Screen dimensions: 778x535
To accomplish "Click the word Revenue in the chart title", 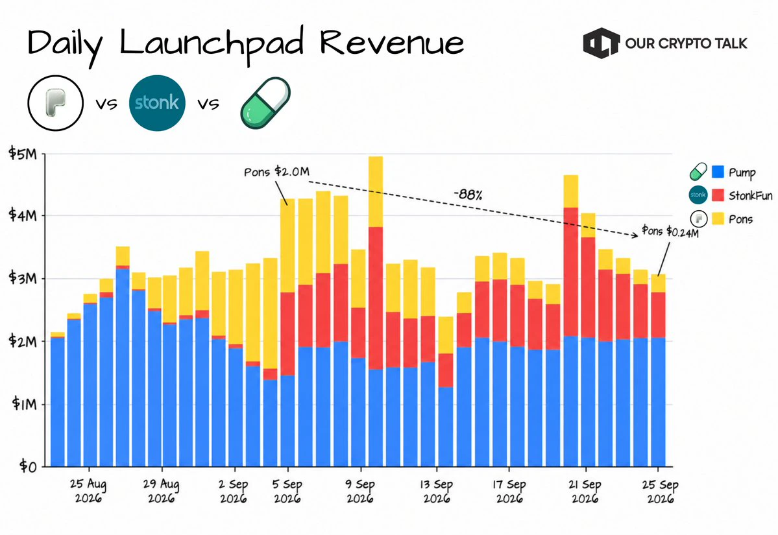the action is point(392,43).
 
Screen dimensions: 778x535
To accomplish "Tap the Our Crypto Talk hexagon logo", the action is point(602,43).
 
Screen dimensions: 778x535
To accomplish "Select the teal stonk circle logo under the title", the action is point(157,103).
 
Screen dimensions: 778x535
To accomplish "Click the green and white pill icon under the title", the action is point(265,103).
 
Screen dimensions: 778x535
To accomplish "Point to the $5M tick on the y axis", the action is point(23,154).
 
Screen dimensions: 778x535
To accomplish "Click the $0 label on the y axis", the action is point(29,466).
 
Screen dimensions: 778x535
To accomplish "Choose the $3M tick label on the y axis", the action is point(23,278).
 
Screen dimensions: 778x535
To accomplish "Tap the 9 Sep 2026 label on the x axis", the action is point(360,491).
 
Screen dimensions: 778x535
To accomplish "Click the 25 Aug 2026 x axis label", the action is point(88,491).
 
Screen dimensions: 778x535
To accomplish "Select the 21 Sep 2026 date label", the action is point(585,491).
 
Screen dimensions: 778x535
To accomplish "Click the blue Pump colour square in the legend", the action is point(718,172).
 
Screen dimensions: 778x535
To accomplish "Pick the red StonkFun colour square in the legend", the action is point(718,195).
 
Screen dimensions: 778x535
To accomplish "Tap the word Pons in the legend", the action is point(741,219).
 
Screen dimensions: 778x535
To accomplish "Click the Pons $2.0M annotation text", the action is point(276,172).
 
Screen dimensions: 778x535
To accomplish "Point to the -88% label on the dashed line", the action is point(468,195).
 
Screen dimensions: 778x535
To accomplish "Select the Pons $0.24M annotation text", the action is point(670,231).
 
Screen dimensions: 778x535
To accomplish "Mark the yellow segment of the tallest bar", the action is point(376,191).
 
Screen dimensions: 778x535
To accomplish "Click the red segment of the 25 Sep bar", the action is point(658,315).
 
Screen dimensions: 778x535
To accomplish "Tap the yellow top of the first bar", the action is point(58,335).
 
